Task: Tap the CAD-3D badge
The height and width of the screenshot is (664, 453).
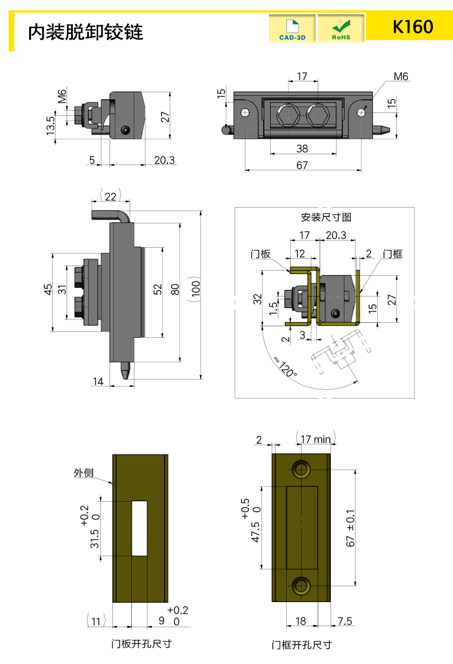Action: point(292,29)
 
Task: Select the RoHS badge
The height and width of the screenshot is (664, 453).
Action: point(341,29)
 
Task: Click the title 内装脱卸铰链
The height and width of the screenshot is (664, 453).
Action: point(85,32)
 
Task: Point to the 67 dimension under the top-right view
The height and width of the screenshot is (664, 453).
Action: point(302,165)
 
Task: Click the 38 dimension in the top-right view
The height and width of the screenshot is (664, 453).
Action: point(302,149)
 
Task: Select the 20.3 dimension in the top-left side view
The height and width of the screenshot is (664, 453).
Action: point(164,160)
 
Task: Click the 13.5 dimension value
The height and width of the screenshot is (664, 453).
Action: point(50,126)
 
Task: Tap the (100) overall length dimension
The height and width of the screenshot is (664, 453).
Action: point(196,294)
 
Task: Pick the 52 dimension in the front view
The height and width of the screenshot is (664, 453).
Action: point(157,290)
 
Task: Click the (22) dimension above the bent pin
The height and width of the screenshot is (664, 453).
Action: point(110,196)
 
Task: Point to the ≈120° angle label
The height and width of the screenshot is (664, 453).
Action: point(285,367)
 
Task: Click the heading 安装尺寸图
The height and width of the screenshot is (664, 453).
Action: point(326,217)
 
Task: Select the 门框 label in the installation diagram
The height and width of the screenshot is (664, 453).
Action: point(393,253)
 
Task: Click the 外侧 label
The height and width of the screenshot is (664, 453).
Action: point(84,473)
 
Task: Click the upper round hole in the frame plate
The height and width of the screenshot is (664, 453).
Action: point(301,470)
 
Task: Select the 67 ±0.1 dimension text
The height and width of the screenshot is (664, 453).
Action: point(352,528)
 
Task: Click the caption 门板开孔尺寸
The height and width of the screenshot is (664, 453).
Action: point(141,643)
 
